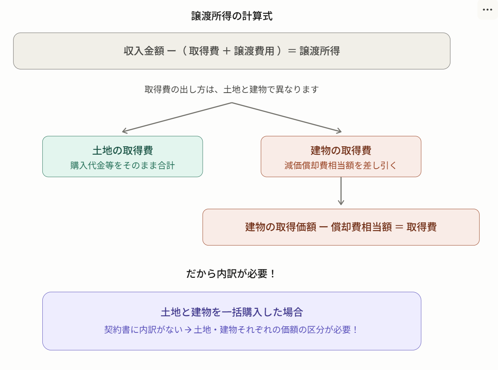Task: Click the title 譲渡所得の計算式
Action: (232, 17)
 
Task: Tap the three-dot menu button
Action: (487, 10)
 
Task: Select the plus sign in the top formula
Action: (226, 51)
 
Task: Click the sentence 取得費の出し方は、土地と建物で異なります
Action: (232, 90)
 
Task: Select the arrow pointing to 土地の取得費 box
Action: (125, 131)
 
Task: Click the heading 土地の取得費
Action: (122, 151)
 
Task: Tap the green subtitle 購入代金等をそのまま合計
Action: (122, 166)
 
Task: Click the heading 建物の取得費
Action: (341, 151)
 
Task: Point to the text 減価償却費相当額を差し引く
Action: (341, 166)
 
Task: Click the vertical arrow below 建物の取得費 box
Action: (341, 192)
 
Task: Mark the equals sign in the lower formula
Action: (399, 227)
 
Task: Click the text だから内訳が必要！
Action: (232, 274)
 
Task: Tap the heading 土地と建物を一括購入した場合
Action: (232, 312)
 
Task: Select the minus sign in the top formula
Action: (172, 51)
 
